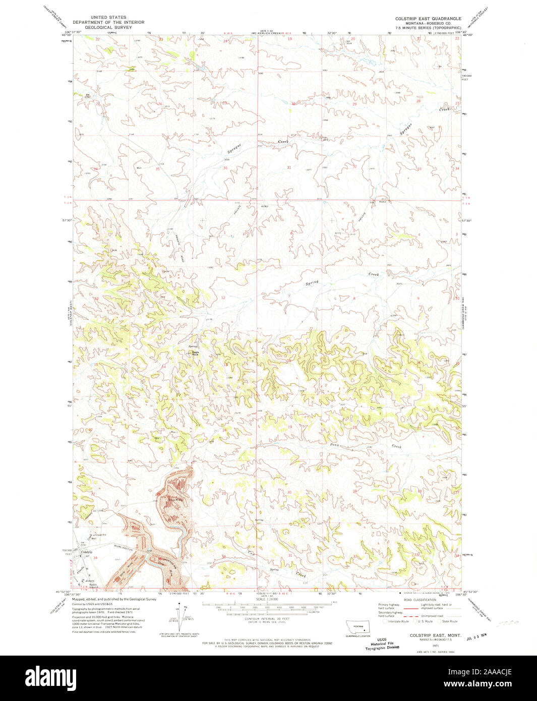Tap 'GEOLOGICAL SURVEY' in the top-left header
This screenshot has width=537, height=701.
tap(108, 27)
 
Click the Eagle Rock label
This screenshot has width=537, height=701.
tap(195, 353)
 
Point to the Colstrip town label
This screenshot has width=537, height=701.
tap(87, 553)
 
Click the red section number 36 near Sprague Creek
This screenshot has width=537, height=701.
tap(225, 168)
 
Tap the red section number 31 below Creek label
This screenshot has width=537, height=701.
tap(289, 167)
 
